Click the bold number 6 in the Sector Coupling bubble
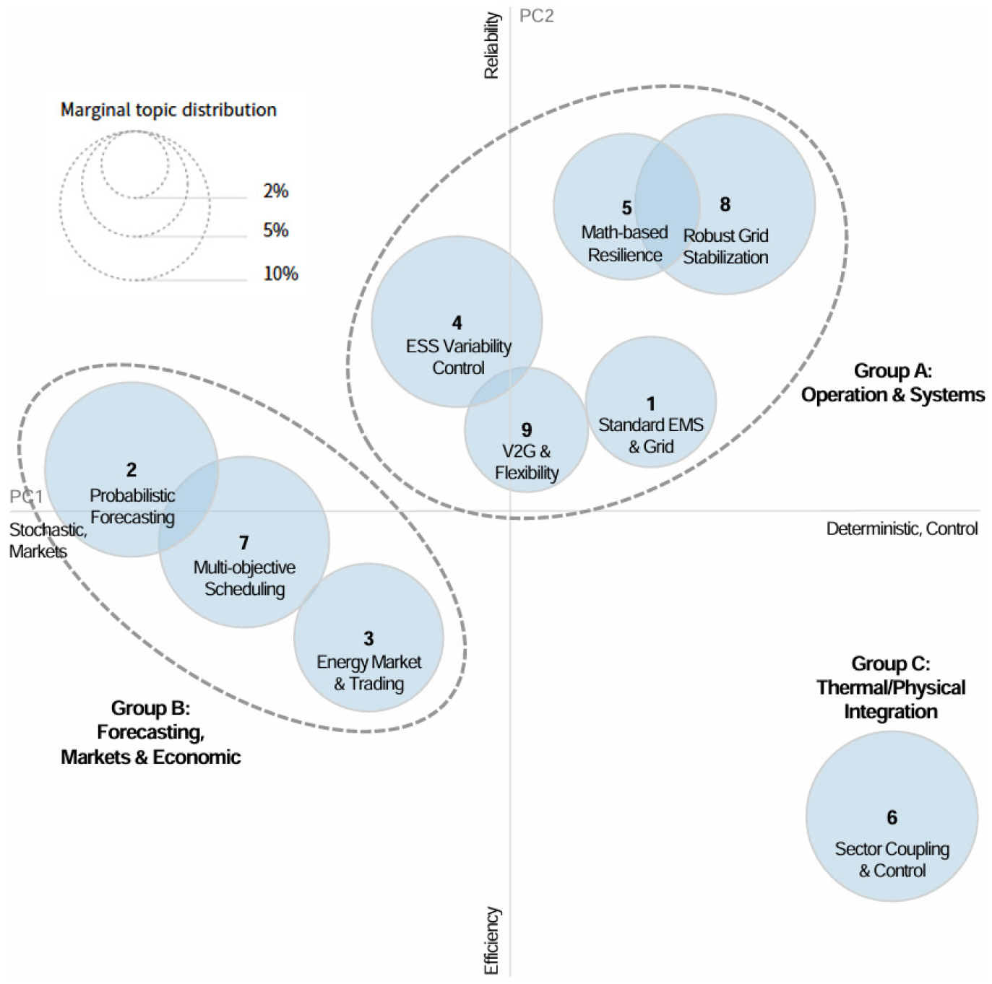[x=892, y=817]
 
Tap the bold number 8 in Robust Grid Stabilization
[x=725, y=204]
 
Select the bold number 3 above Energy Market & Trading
[x=368, y=638]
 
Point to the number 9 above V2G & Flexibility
[x=526, y=430]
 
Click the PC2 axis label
[x=536, y=17]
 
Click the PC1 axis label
[x=27, y=497]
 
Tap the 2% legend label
[x=275, y=191]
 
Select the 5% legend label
[x=275, y=230]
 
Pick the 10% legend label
[x=280, y=274]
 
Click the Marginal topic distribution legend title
[x=168, y=110]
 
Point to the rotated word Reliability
[x=491, y=45]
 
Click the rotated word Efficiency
[x=491, y=941]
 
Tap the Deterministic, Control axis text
[x=902, y=528]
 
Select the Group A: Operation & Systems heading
[x=892, y=383]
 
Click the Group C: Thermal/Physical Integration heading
[x=891, y=687]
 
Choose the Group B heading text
[x=151, y=732]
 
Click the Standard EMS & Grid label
[x=651, y=435]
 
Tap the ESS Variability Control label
[x=458, y=357]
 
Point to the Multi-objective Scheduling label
[x=244, y=578]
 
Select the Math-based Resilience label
[x=624, y=243]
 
